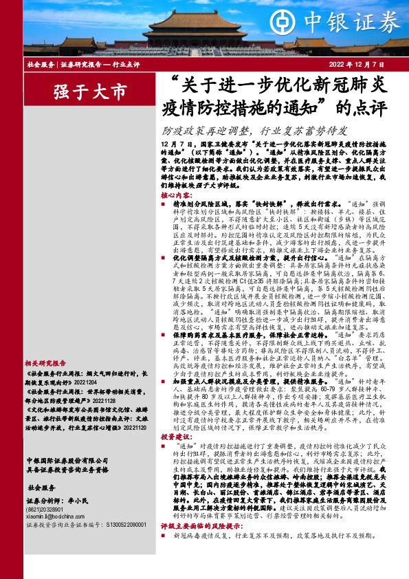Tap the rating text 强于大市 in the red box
click(90, 91)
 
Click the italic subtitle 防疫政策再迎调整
click(209, 131)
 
